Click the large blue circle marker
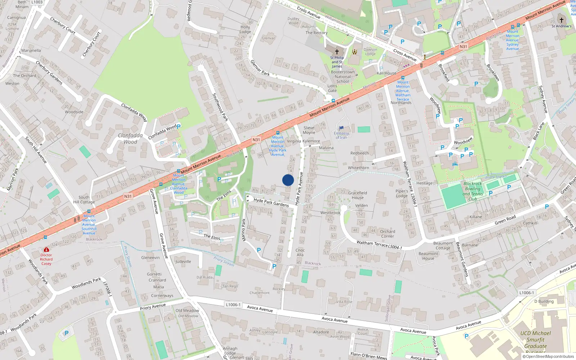[288, 180]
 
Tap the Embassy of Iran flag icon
[341, 128]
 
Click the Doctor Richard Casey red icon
[46, 249]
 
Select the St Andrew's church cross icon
[561, 20]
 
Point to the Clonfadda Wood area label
[130, 139]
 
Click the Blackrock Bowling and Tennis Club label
[473, 191]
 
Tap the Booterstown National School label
[343, 77]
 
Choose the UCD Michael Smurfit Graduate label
[535, 340]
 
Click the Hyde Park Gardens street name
[271, 202]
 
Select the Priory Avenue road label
[153, 307]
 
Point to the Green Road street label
[505, 220]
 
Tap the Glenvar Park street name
[260, 68]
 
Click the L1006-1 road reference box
[233, 305]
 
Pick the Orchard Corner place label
[387, 234]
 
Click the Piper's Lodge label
[402, 193]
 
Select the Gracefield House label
[357, 195]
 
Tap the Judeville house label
[183, 262]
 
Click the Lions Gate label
[332, 88]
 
